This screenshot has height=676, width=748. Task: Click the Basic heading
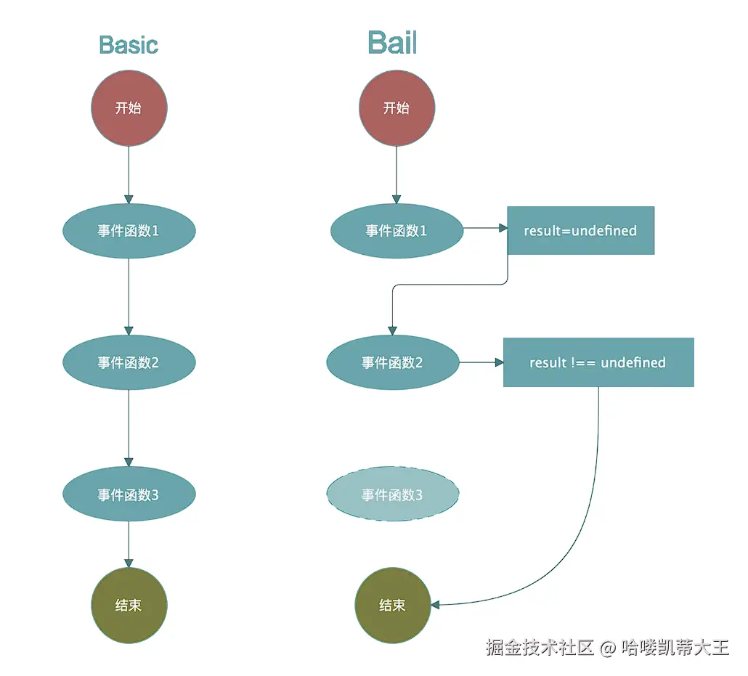pos(129,45)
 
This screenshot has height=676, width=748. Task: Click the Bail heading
pos(392,44)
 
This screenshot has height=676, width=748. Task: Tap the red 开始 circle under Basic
pos(129,108)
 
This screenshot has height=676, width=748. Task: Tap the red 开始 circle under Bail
pos(397,108)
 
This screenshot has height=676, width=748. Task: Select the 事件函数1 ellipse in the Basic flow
pos(129,231)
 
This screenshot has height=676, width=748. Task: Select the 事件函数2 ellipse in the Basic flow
pos(129,362)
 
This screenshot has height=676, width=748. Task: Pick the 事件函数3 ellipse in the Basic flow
pos(129,495)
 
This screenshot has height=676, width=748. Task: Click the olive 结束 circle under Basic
pos(129,606)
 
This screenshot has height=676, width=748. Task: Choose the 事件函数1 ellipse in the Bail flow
pos(397,231)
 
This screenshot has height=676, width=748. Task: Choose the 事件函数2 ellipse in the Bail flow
pos(393,362)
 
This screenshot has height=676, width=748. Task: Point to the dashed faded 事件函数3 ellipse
pos(393,495)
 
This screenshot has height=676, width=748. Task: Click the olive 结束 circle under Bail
pos(392,606)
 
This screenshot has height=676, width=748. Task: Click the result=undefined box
pos(580,231)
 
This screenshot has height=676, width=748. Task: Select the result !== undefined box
pos(598,362)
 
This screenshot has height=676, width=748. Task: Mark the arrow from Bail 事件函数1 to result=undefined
pos(485,228)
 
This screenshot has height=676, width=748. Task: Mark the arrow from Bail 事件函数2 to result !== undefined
pos(481,362)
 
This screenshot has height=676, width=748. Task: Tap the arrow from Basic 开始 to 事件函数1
pos(129,174)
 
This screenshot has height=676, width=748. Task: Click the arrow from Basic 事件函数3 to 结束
pos(129,545)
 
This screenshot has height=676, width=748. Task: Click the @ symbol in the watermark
pos(607,648)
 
